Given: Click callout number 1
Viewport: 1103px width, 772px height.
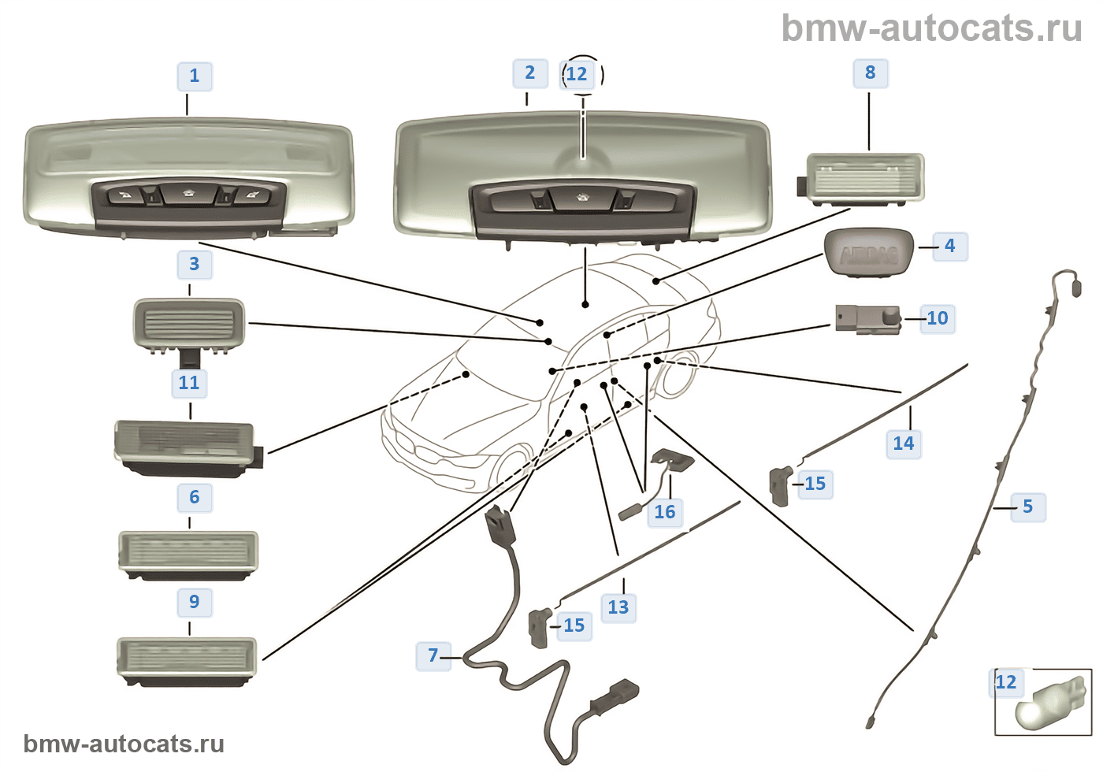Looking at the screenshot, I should point(195,76).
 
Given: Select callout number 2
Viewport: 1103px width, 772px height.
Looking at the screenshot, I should point(529,73).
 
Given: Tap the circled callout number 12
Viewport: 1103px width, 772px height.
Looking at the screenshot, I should point(577,74).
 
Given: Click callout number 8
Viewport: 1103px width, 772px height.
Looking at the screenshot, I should point(870,72).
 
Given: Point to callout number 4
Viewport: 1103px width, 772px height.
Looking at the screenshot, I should point(949,246).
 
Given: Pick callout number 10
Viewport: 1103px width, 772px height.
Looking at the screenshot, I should point(937,318).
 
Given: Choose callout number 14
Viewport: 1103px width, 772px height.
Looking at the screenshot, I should point(903,444).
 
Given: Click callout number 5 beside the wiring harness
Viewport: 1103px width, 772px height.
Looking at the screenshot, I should point(1027,507).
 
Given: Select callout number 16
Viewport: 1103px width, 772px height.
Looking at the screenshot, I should point(664,512).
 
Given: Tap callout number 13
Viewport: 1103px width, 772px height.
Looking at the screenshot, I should point(618,607).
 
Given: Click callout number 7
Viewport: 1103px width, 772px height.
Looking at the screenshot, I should point(433,655).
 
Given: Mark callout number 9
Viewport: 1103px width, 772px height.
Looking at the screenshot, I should point(195,602).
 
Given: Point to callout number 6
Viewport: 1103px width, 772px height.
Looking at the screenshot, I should point(195,497).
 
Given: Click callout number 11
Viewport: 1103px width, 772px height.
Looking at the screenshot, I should point(189,383).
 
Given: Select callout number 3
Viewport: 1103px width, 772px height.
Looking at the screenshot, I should point(194,264).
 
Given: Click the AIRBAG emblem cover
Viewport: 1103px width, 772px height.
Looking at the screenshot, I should point(868,252).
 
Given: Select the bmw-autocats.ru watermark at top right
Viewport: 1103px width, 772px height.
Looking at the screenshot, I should point(931,28).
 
